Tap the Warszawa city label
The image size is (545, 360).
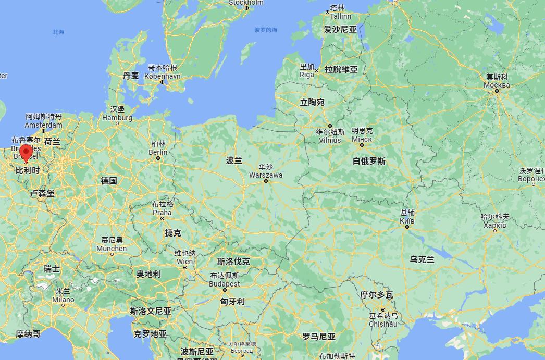[266, 175]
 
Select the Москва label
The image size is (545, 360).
[496, 85]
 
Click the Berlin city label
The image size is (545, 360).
[158, 152]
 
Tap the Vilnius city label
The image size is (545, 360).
[330, 140]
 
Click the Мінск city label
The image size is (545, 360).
[362, 139]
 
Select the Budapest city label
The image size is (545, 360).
[225, 284]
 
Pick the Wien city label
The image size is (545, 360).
[185, 262]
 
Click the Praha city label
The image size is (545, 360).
[162, 212]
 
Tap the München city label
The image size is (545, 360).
[112, 249]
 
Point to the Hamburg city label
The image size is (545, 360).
[117, 118]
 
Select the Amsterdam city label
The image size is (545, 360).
[44, 125]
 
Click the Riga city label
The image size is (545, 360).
[307, 75]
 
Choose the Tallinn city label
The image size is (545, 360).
[341, 16]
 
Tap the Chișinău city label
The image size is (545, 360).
[383, 324]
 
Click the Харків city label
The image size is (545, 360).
[494, 225]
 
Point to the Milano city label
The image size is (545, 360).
[63, 300]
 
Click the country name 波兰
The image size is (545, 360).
[234, 160]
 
